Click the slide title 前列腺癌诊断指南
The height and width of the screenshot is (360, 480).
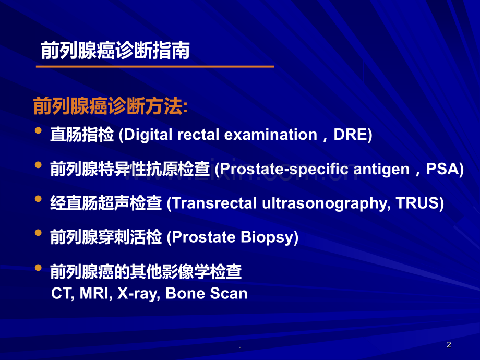[x=115, y=51]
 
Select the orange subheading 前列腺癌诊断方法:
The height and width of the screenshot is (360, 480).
[x=111, y=106]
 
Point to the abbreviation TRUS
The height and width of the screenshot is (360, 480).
[x=417, y=203]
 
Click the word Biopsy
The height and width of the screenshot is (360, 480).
[x=267, y=237]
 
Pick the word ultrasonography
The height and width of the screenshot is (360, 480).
[x=326, y=203]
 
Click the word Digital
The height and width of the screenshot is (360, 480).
[x=148, y=135]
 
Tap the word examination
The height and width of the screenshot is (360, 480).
[x=271, y=135]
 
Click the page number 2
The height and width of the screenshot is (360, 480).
[x=449, y=345]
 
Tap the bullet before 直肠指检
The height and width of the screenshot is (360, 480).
[x=38, y=131]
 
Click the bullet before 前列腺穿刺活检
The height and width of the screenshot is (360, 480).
[x=38, y=233]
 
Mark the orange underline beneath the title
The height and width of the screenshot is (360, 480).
[x=155, y=66]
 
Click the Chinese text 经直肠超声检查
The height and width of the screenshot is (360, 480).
[x=106, y=203]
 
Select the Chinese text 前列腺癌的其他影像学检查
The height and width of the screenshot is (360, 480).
[x=146, y=271]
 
